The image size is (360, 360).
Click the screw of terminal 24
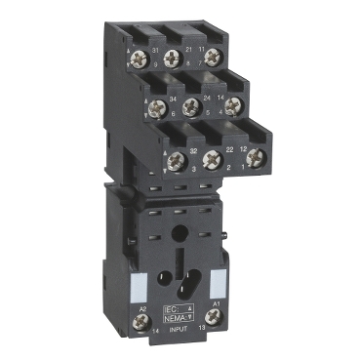195,104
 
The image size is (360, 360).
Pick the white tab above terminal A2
138,284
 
